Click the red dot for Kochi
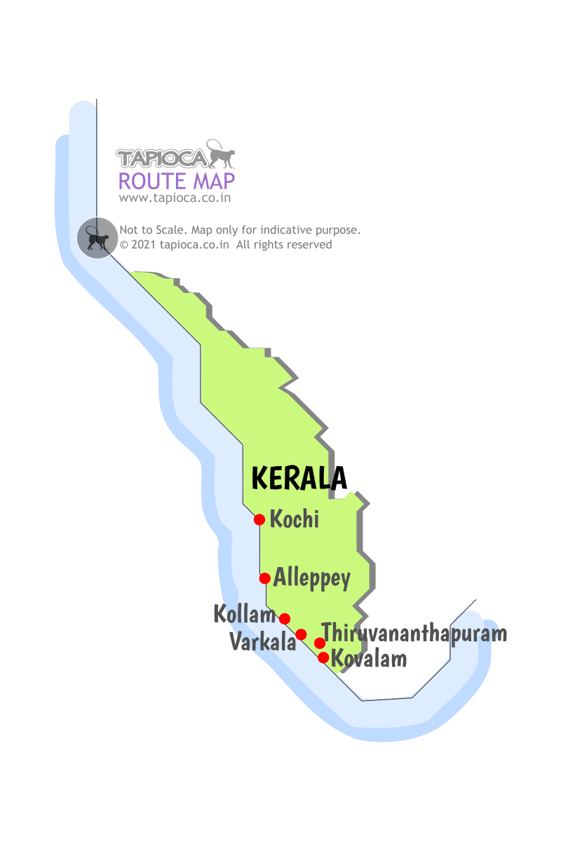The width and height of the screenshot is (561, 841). coord(259,519)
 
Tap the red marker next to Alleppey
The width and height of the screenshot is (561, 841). coord(265,578)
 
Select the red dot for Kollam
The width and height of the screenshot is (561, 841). coord(285,618)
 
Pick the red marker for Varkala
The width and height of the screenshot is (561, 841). coord(302,634)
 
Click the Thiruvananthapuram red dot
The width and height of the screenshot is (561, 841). coord(320,643)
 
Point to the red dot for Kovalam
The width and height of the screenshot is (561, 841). coord(323,657)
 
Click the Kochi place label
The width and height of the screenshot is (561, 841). coord(295,519)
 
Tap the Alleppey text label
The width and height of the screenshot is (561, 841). coord(312,579)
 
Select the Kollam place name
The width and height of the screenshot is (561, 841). coord(244,615)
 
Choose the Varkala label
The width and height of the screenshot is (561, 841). coord(263,641)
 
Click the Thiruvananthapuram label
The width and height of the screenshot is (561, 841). coord(414,633)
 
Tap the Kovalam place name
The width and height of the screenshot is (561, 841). coord(369,659)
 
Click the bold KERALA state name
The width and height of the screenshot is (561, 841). coord(299,478)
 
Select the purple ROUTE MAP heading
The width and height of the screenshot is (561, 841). coord(177,181)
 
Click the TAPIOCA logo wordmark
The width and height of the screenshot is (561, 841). coord(162,158)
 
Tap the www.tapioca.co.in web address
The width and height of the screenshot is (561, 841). coord(175,198)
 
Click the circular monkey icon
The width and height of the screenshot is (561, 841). coord(97,238)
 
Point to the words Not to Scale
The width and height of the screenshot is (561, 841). coord(153,230)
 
